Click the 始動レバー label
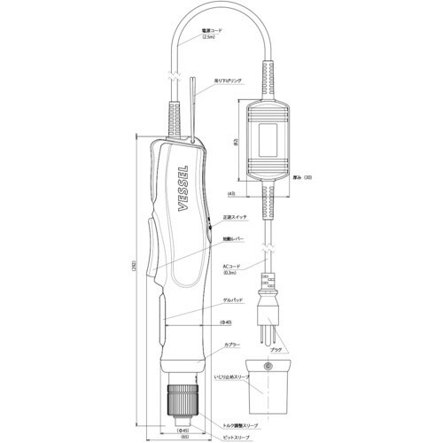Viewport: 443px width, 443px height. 237,237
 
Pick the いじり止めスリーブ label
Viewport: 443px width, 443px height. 234,377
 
